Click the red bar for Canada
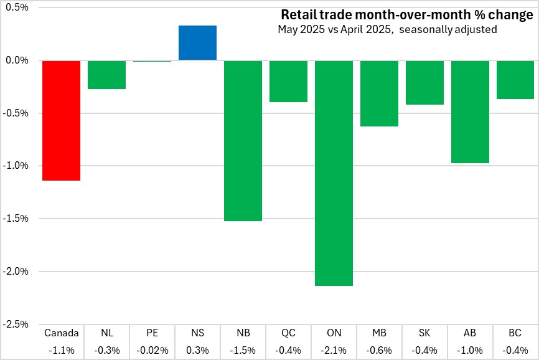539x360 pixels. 61,120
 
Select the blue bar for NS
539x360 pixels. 197,43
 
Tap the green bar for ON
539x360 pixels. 334,173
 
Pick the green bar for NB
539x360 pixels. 243,140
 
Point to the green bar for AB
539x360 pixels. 470,111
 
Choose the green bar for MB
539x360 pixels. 379,93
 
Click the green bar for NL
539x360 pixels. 106,75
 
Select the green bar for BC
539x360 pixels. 515,80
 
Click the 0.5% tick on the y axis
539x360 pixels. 17,7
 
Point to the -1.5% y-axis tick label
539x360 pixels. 16,219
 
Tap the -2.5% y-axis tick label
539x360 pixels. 16,324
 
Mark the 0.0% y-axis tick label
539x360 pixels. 17,60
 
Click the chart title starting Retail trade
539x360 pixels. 406,15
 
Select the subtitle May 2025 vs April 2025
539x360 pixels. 387,29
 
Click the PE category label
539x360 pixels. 152,333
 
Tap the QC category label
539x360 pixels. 288,333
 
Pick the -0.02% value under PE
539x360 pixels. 152,350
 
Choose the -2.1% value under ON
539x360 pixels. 334,350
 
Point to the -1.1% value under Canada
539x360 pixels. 61,350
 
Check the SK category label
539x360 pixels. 424,333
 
